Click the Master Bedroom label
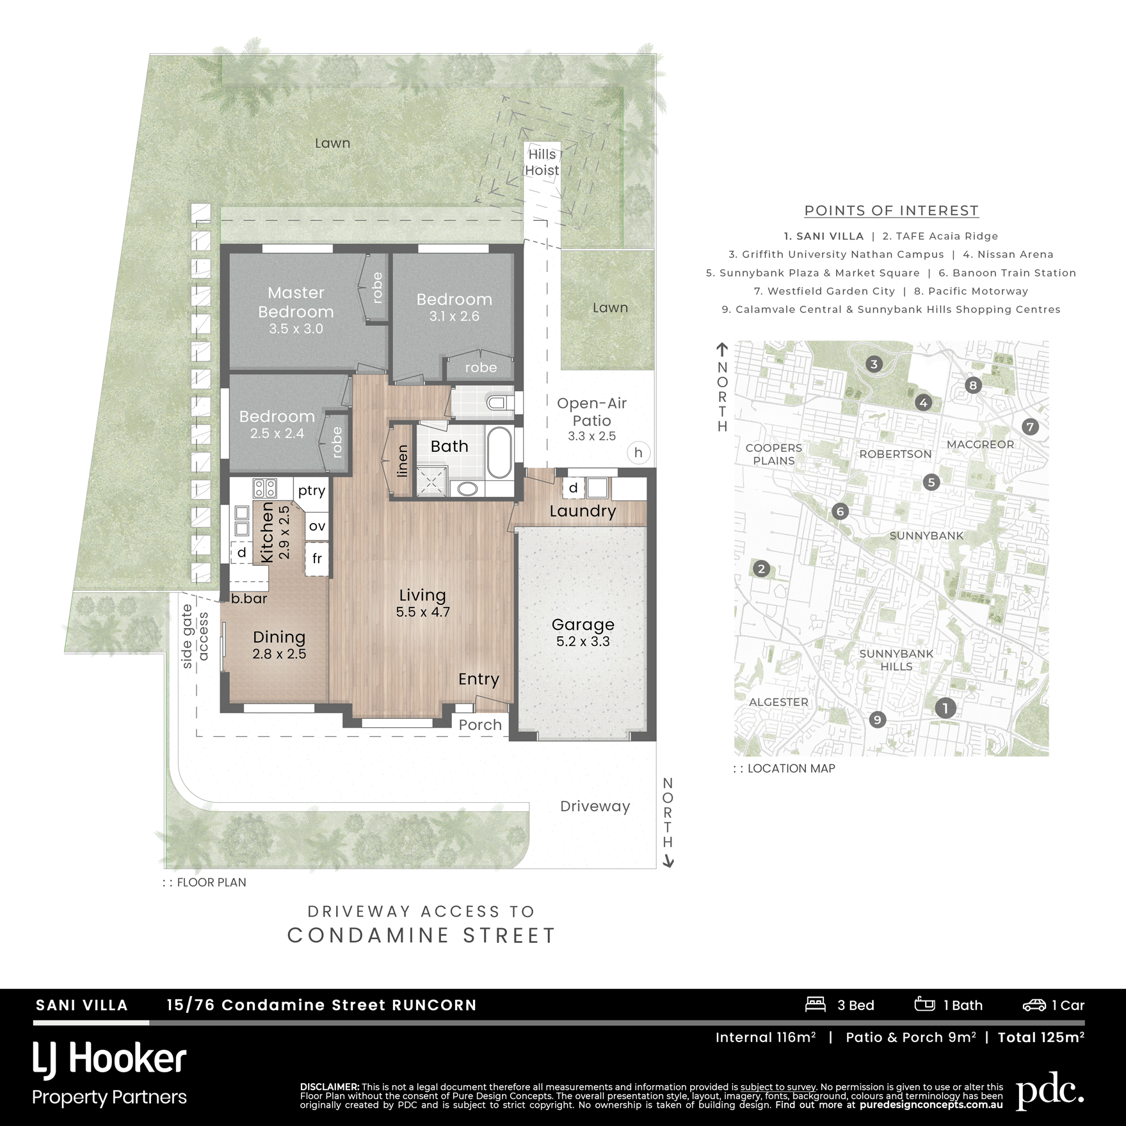point(296,302)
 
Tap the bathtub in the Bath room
point(499,453)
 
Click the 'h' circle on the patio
point(638,453)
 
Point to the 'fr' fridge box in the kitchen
point(317,559)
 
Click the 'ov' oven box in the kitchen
point(317,526)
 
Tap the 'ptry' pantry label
point(312,490)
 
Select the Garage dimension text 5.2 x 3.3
point(583,641)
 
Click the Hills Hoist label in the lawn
point(542,162)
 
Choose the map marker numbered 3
point(874,364)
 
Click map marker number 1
point(945,707)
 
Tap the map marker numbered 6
point(840,511)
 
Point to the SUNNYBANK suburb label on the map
point(926,536)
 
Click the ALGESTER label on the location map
point(778,702)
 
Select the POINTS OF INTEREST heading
point(891,211)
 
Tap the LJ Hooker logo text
point(109,1059)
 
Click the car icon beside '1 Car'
point(1034,1005)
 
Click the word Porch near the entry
point(480,725)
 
